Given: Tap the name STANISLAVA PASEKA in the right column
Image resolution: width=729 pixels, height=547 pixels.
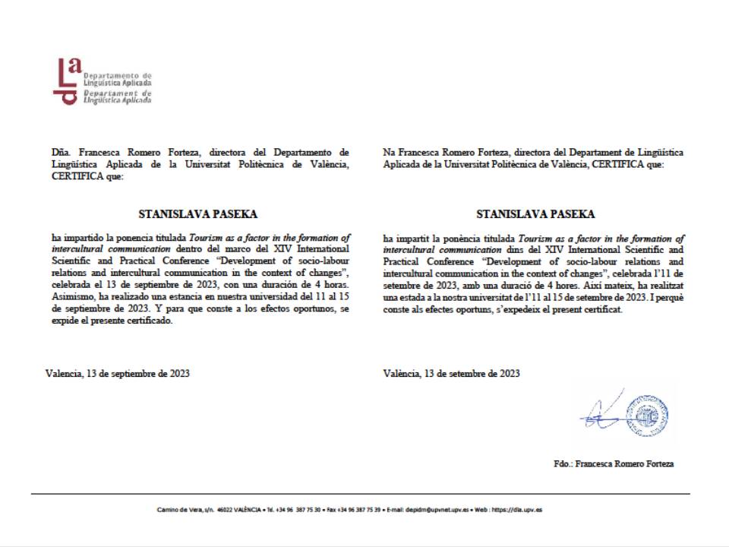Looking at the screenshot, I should (535, 214).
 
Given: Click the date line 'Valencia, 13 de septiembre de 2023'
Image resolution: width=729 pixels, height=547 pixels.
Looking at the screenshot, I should (118, 373).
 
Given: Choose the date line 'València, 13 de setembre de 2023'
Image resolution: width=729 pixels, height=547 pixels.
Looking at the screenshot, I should (452, 373).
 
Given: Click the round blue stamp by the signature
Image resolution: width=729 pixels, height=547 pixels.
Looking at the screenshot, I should (650, 415).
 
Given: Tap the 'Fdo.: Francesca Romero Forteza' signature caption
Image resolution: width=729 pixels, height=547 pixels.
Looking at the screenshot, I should (614, 463).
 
